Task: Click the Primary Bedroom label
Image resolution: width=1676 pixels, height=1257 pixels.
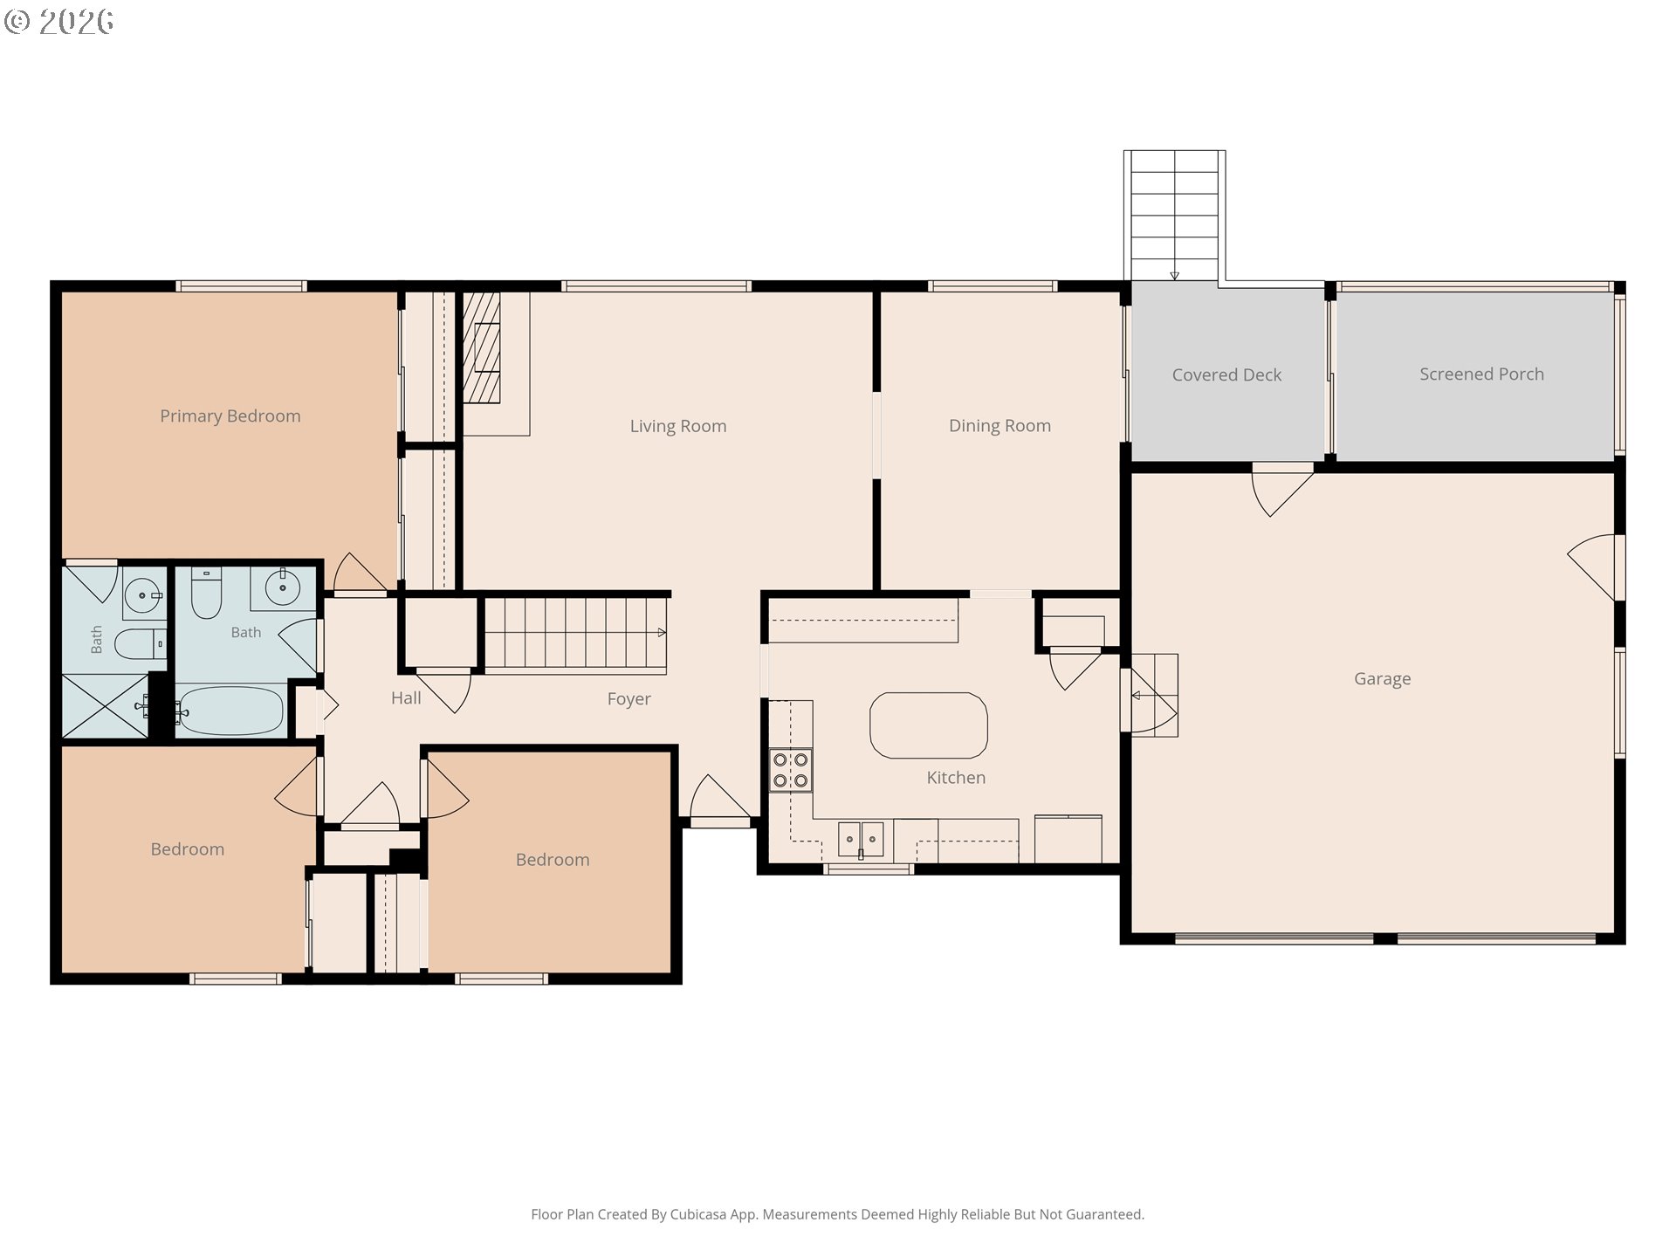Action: (230, 416)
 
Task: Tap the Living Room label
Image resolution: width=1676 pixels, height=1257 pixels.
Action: (678, 426)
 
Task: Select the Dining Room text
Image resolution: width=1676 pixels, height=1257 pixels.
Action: (999, 426)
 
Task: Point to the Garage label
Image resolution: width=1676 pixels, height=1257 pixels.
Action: (1382, 679)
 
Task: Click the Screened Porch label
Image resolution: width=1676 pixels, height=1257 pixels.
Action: (1481, 374)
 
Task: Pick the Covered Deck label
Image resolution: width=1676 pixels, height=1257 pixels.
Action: (1226, 375)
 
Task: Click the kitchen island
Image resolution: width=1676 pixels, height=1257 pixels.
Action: (929, 725)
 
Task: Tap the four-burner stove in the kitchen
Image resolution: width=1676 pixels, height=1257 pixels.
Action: (790, 771)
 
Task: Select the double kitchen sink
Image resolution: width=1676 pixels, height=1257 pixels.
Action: (861, 840)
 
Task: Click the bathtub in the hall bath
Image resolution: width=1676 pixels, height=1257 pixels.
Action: (230, 711)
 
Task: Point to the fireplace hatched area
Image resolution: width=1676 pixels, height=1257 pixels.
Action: (481, 347)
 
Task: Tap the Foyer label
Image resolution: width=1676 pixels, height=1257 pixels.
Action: (629, 699)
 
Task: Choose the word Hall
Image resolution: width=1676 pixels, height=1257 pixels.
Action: (406, 698)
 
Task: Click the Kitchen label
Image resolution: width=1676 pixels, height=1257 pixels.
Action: (956, 778)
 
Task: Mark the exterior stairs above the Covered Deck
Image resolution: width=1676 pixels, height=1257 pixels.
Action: (1175, 216)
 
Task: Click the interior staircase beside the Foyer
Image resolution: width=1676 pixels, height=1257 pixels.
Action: (575, 635)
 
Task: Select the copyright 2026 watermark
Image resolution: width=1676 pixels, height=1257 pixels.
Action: (58, 21)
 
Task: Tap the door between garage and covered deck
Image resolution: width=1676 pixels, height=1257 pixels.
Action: (1282, 491)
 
